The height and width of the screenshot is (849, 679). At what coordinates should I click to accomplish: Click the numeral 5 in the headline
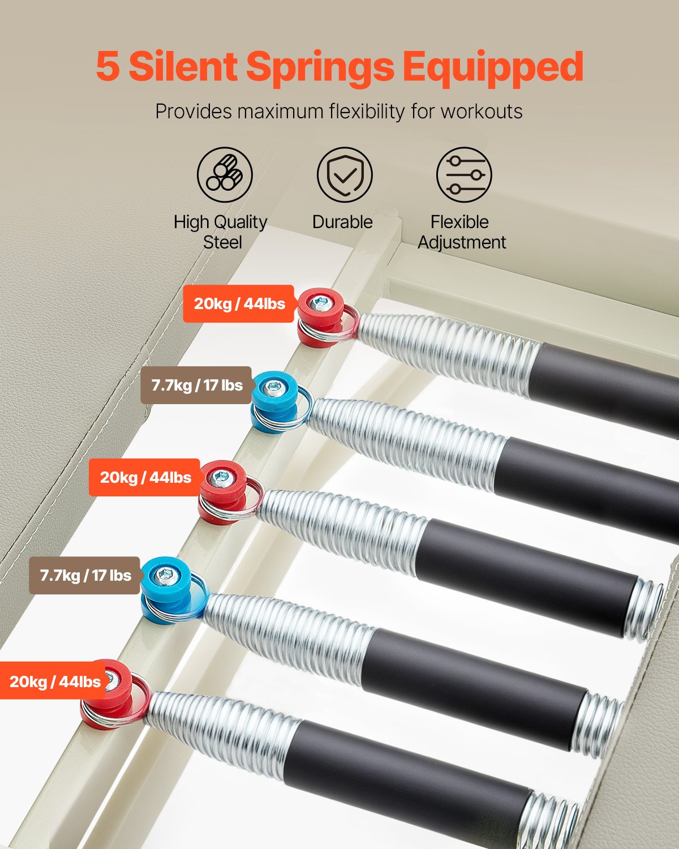pyautogui.click(x=108, y=67)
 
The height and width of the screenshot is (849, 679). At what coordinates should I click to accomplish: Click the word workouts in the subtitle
pyautogui.click(x=482, y=112)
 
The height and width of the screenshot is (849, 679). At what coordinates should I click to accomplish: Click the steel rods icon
pyautogui.click(x=225, y=174)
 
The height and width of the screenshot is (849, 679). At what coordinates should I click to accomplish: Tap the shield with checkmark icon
pyautogui.click(x=345, y=174)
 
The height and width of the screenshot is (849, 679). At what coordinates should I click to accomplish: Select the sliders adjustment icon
pyautogui.click(x=464, y=174)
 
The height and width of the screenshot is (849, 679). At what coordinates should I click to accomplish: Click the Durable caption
pyautogui.click(x=342, y=222)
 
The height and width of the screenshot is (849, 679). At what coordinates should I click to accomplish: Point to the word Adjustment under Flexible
pyautogui.click(x=462, y=242)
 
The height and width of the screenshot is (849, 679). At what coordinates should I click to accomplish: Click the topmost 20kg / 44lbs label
pyautogui.click(x=239, y=304)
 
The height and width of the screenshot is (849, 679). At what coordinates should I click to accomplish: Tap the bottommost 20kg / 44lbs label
pyautogui.click(x=55, y=681)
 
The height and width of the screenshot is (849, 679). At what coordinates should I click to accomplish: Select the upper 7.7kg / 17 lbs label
pyautogui.click(x=196, y=385)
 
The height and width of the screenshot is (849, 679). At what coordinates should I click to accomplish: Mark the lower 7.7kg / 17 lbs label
pyautogui.click(x=85, y=576)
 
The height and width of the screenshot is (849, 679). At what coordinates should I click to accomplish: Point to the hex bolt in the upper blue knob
pyautogui.click(x=275, y=389)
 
